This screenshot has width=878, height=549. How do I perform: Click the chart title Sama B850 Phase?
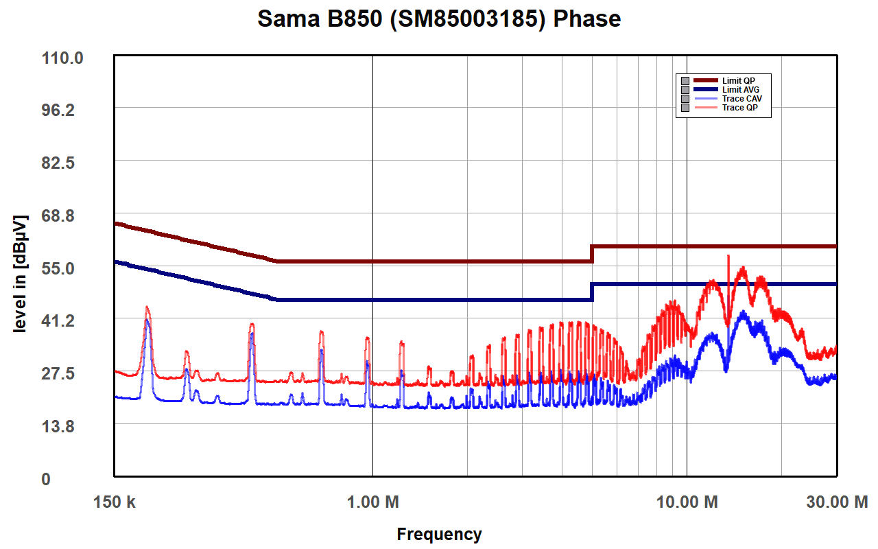[439, 19]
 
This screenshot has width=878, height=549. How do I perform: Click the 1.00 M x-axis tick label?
[373, 502]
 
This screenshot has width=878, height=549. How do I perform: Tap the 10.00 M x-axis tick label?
[687, 502]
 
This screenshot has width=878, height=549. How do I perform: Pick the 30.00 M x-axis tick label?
[836, 502]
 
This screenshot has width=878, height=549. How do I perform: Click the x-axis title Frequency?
[439, 534]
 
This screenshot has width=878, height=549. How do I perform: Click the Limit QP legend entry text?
[738, 81]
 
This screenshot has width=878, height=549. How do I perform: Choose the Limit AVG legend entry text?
[740, 90]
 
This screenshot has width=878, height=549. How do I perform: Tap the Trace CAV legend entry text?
[741, 99]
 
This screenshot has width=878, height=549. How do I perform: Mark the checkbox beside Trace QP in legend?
[685, 108]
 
